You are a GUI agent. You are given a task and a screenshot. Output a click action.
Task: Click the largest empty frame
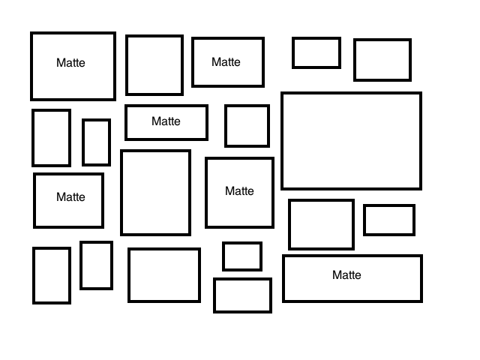pos(351,141)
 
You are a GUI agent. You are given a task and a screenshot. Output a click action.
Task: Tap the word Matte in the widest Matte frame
pos(346,275)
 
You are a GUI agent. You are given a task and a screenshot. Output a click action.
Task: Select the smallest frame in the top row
pos(316,52)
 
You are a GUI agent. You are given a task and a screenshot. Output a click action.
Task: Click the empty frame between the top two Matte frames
pos(154,65)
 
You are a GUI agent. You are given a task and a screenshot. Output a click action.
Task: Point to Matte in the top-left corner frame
pos(70,63)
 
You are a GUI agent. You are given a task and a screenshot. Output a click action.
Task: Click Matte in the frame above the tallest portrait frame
pos(166,121)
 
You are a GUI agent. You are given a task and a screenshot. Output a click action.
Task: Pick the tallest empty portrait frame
pos(155,193)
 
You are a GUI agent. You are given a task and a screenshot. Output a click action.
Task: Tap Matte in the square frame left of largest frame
pos(239,191)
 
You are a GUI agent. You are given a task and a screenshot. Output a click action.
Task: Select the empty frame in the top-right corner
pos(382,60)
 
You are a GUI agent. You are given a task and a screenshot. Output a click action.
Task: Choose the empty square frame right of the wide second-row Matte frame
pos(247,126)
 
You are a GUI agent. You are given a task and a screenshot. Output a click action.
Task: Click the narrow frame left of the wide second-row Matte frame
pos(96,142)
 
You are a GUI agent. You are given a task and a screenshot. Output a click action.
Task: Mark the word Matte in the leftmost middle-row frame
pos(70,197)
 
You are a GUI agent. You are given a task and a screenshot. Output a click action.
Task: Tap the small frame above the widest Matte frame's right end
pos(389,220)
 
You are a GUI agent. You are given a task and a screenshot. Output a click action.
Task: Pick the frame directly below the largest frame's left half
pos(321,224)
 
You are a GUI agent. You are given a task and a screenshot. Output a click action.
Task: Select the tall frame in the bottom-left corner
pos(52,275)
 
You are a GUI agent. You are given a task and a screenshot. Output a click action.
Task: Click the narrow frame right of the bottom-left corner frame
pos(96,265)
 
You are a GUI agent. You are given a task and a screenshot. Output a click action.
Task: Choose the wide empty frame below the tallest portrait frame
pos(164,275)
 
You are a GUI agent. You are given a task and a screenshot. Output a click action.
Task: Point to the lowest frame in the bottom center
pos(242,295)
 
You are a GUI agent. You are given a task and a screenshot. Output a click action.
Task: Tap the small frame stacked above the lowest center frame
pos(242,256)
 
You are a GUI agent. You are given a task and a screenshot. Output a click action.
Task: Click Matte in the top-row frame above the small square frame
pos(226,62)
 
